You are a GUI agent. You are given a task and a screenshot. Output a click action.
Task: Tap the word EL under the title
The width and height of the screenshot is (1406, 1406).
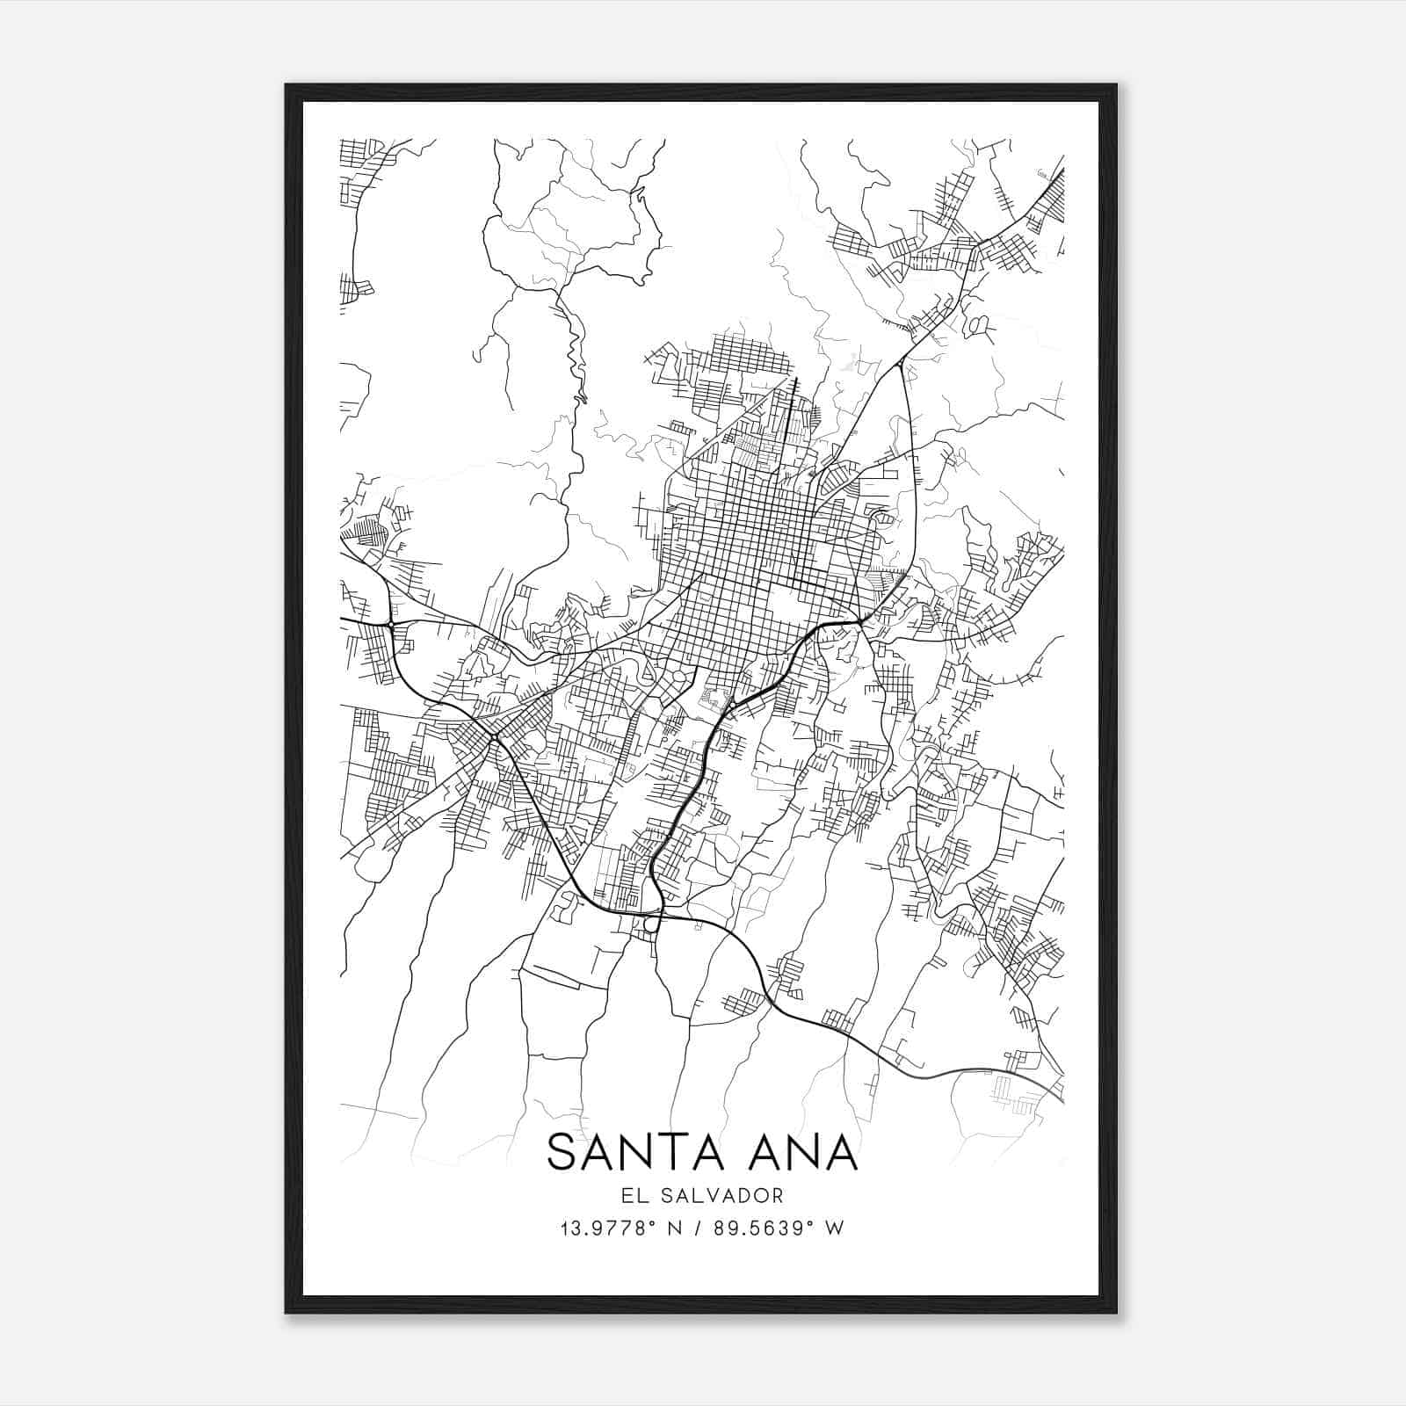tap(631, 1196)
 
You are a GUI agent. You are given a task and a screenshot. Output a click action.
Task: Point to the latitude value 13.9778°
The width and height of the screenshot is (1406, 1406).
tap(608, 1228)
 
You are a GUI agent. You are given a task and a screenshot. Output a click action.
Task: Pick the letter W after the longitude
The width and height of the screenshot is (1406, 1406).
tap(835, 1228)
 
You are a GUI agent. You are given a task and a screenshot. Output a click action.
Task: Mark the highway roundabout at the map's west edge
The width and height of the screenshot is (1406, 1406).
tap(389, 624)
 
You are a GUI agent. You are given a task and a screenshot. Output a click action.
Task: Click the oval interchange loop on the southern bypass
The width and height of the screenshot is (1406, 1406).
tap(651, 923)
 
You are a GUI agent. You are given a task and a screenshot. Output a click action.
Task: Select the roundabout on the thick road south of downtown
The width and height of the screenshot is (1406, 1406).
tap(730, 705)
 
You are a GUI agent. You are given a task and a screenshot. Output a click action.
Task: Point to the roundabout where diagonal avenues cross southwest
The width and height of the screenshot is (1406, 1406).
tap(494, 736)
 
